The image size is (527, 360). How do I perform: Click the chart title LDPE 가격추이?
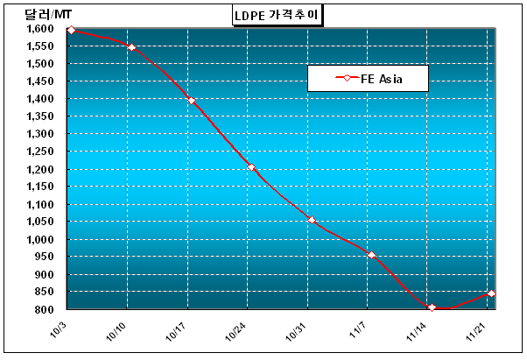pos(270,14)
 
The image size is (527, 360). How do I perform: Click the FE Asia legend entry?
pos(368,79)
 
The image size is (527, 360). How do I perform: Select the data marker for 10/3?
pos(72,31)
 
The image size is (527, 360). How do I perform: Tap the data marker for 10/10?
pos(132,47)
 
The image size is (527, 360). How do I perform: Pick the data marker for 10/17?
pos(192,101)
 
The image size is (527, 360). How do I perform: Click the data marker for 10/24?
pos(251,167)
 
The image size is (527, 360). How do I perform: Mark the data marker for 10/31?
pos(312,220)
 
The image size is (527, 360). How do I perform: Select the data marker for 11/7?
pos(371,255)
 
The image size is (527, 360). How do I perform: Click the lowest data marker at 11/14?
pos(432,307)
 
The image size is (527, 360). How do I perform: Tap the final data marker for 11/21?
pos(491,293)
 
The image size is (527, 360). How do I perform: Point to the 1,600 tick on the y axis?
pos(41,29)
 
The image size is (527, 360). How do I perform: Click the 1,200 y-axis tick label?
pos(41,169)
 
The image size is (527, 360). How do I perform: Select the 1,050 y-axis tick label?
pos(41,222)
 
